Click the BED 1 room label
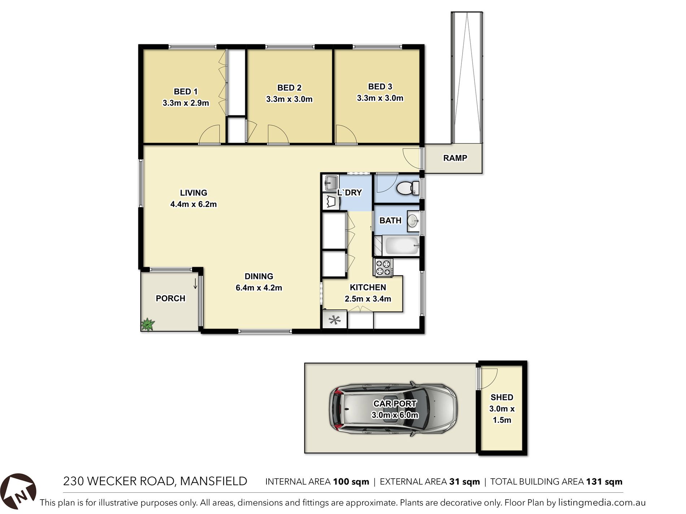pyautogui.click(x=186, y=92)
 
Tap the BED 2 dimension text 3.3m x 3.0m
pyautogui.click(x=289, y=99)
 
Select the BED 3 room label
pyautogui.click(x=380, y=87)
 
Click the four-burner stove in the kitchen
pyautogui.click(x=383, y=267)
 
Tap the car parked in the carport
pyautogui.click(x=393, y=409)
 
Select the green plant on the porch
pyautogui.click(x=147, y=324)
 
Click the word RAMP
pyautogui.click(x=455, y=158)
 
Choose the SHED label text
pyautogui.click(x=502, y=397)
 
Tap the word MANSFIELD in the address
pyautogui.click(x=213, y=481)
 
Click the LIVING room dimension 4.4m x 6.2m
pyautogui.click(x=194, y=204)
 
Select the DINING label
pyautogui.click(x=259, y=276)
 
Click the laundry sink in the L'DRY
pyautogui.click(x=330, y=183)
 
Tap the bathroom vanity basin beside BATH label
pyautogui.click(x=413, y=221)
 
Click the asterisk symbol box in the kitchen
pyautogui.click(x=335, y=320)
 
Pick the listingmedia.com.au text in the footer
pyautogui.click(x=602, y=502)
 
